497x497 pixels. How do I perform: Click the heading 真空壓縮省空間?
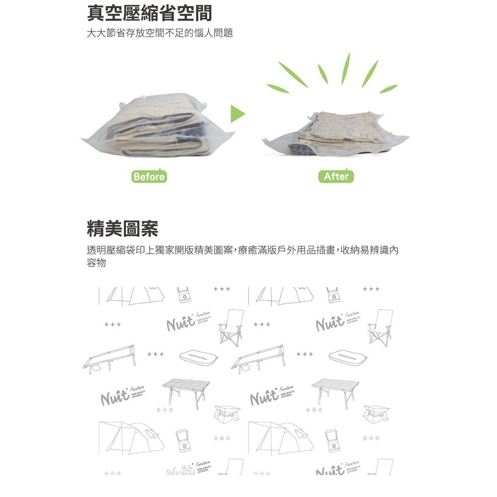(x=149, y=13)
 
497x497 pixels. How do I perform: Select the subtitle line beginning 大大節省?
(x=160, y=34)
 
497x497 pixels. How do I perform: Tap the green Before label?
(x=149, y=176)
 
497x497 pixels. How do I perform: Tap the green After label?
(x=336, y=176)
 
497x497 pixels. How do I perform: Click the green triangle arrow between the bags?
(x=238, y=114)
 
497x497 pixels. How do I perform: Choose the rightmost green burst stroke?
(x=389, y=88)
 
